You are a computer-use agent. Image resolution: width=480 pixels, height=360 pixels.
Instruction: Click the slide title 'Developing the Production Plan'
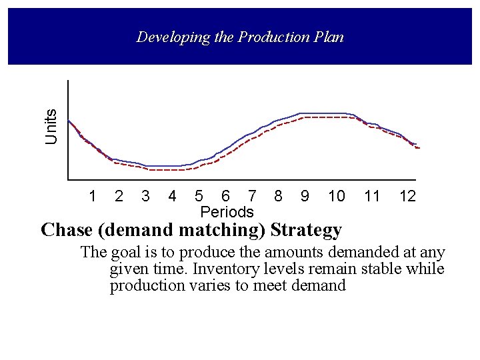coord(240,37)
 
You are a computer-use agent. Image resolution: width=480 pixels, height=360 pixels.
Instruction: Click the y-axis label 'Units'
coord(52,126)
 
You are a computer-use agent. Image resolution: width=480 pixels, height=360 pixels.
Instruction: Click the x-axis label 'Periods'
coord(227,212)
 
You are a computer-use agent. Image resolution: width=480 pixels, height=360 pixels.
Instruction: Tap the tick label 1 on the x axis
coord(93,196)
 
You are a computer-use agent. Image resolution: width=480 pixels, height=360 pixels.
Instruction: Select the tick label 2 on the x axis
coord(119,196)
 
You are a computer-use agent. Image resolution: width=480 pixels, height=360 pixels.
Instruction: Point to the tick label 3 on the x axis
coord(145,196)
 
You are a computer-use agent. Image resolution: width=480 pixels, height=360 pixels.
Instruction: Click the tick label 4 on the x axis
coord(172,196)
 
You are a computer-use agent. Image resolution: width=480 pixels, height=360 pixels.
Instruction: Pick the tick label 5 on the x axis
coord(199,196)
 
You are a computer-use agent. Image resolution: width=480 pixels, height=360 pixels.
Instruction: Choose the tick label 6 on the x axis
coord(225,196)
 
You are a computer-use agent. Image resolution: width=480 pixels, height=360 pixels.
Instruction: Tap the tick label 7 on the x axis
coord(251,196)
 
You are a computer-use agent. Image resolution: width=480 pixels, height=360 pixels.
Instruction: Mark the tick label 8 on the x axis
coord(278,196)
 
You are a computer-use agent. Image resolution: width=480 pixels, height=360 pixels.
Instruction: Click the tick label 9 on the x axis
coord(305,196)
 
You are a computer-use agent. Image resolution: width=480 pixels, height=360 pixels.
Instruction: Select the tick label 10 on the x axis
coord(337,196)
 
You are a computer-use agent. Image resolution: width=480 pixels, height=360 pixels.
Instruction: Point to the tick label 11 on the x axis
coord(372,196)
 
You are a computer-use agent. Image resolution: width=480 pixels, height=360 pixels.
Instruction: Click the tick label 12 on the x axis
coord(407,196)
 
